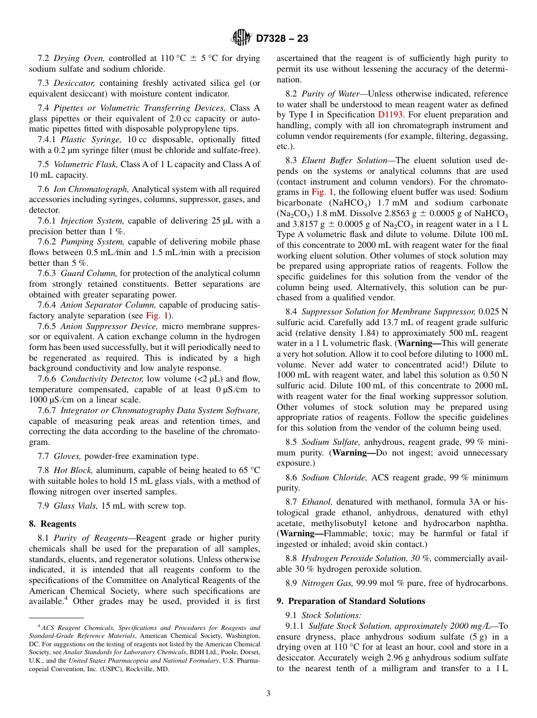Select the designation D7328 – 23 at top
[282, 39]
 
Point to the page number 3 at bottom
[268, 694]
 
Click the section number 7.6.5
[47, 326]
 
